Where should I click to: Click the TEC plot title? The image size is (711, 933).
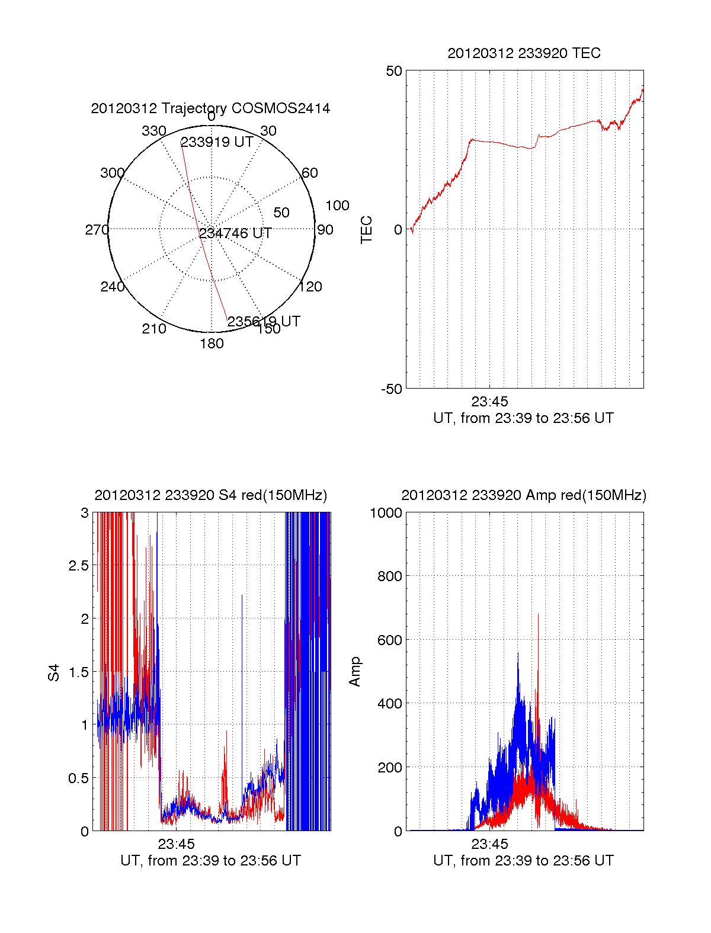(x=524, y=53)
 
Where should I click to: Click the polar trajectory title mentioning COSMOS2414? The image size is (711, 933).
(x=210, y=108)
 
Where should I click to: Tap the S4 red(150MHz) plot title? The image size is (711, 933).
(x=210, y=495)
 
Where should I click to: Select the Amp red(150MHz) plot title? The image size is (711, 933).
(x=524, y=495)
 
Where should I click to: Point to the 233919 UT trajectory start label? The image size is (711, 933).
(x=217, y=142)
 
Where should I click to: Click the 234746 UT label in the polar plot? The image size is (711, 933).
(x=235, y=233)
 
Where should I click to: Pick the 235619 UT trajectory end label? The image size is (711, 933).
(x=264, y=322)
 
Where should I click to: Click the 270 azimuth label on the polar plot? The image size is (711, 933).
(x=97, y=230)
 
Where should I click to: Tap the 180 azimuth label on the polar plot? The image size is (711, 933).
(x=212, y=344)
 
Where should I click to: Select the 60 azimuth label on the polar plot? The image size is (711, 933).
(x=310, y=173)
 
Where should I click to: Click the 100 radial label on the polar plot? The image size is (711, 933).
(x=337, y=206)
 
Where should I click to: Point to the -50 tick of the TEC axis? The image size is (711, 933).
(x=391, y=389)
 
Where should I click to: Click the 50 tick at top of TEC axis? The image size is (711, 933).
(x=394, y=71)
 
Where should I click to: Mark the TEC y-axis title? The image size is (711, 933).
(x=367, y=230)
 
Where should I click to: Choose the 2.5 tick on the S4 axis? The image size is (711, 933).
(x=79, y=566)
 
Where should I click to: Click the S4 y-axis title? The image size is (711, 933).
(x=54, y=672)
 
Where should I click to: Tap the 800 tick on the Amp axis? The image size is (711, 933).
(x=389, y=576)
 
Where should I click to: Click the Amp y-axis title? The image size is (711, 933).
(x=355, y=672)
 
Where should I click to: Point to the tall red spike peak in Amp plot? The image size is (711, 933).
(x=538, y=615)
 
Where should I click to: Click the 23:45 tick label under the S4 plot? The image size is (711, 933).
(x=176, y=844)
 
